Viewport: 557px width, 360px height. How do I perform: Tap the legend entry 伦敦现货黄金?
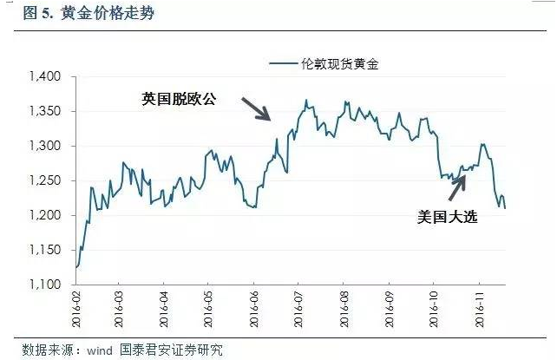[334, 64]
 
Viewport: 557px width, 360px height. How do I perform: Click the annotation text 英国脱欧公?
[178, 100]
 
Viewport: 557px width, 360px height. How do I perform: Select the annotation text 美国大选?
[447, 218]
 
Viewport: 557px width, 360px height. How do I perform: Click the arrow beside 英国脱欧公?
[257, 109]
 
